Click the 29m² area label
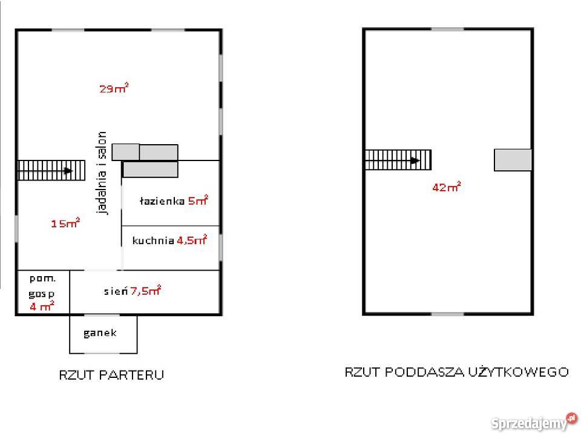pyautogui.click(x=114, y=88)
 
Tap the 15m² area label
pyautogui.click(x=65, y=223)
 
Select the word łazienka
pyautogui.click(x=162, y=200)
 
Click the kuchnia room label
pyautogui.click(x=153, y=240)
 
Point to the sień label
pyautogui.click(x=116, y=291)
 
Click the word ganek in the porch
pyautogui.click(x=100, y=333)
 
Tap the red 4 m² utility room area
pyautogui.click(x=42, y=306)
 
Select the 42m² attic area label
pyautogui.click(x=447, y=187)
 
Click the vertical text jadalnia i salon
pyautogui.click(x=102, y=173)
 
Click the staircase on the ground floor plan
pyautogui.click(x=51, y=171)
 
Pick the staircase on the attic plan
pyautogui.click(x=398, y=160)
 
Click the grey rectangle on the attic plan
pyautogui.click(x=513, y=160)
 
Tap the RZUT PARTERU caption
pyautogui.click(x=111, y=375)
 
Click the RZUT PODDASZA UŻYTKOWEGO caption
pyautogui.click(x=456, y=372)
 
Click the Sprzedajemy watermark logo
pyautogui.click(x=534, y=422)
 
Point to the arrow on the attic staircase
pyautogui.click(x=415, y=160)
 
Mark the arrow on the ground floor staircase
pyautogui.click(x=68, y=171)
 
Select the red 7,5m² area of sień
pyautogui.click(x=146, y=290)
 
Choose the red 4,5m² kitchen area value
pyautogui.click(x=192, y=240)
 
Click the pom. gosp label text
pyautogui.click(x=42, y=286)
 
